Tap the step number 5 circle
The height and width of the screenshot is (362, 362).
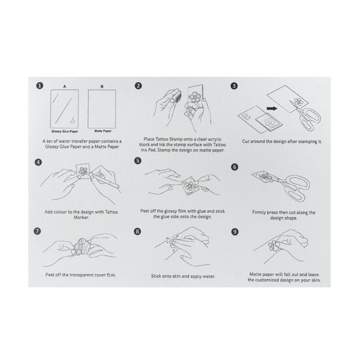(x=138, y=160)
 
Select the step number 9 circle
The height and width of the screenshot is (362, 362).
(x=233, y=231)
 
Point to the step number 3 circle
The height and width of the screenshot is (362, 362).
(x=233, y=86)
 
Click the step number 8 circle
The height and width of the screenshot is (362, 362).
(x=138, y=231)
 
